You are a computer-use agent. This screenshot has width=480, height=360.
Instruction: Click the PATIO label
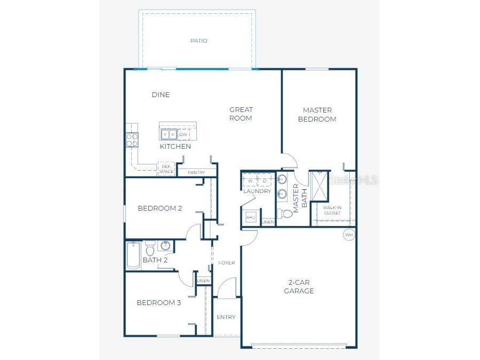[x=198, y=41]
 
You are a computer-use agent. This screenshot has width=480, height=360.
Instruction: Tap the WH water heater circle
[x=349, y=235]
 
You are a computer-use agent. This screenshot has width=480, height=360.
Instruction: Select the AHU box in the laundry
[x=251, y=218]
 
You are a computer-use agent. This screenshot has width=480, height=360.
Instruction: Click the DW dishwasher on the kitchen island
[x=183, y=134]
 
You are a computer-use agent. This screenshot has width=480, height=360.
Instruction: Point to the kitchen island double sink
[x=169, y=134]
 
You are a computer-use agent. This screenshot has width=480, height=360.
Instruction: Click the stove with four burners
[x=132, y=140]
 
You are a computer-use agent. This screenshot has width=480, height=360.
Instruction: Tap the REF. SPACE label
[x=166, y=169]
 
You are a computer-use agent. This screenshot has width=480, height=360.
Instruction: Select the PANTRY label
[x=196, y=172]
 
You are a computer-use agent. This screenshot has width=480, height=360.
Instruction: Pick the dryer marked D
[x=265, y=181]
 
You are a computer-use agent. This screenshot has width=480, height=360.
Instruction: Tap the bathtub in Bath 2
[x=134, y=256]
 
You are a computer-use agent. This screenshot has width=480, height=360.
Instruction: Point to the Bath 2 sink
[x=165, y=246]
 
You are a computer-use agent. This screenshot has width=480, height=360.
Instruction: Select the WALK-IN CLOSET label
[x=332, y=210]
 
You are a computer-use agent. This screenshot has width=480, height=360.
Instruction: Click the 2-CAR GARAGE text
[x=299, y=286]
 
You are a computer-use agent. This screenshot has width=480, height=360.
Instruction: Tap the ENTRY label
[x=226, y=317]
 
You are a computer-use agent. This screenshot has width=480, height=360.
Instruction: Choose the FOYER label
[x=227, y=263]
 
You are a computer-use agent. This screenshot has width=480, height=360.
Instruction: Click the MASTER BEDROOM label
[x=317, y=115]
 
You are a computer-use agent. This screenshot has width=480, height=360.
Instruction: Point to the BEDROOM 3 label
[x=158, y=303]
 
